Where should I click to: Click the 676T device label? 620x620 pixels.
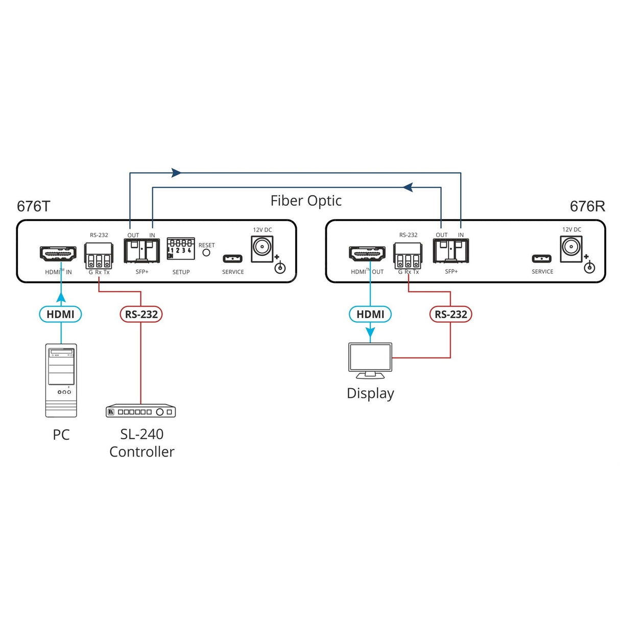point(34,206)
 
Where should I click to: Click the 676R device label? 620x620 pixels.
point(587,206)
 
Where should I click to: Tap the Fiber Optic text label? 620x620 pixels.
point(306,201)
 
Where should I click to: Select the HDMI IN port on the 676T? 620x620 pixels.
point(58,254)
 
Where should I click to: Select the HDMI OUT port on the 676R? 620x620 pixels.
point(367,254)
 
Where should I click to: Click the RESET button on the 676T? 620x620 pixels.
point(206,252)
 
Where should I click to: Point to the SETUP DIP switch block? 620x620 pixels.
point(181,249)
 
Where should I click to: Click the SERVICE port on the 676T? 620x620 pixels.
point(232,258)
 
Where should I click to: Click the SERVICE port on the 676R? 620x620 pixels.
point(542,258)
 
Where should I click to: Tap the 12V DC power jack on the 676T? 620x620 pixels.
point(262,248)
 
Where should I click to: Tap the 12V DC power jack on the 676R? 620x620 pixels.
point(571,248)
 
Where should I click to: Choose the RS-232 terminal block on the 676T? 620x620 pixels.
point(99,255)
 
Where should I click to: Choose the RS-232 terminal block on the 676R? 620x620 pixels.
point(408,255)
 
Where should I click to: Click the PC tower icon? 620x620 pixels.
point(61,380)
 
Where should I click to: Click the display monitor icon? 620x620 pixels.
point(370,360)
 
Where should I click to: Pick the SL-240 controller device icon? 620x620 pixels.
point(141,411)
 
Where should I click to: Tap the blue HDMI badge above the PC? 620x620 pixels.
point(60,314)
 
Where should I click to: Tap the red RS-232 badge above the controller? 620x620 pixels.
point(141,314)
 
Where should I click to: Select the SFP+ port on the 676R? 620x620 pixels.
point(451,251)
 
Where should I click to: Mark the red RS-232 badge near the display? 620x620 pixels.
point(450,314)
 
